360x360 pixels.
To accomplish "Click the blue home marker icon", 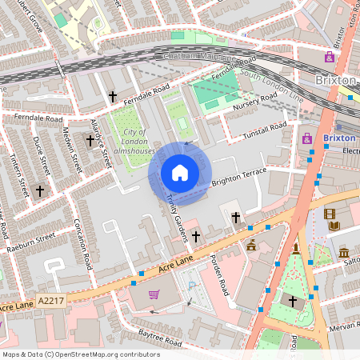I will (180, 173).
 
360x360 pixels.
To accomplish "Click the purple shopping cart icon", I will (154, 294).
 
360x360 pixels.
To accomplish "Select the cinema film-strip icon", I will (330, 214).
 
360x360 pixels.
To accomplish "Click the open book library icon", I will (334, 227).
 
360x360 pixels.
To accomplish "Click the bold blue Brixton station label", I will (339, 138).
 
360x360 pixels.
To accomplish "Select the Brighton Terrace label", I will (238, 178).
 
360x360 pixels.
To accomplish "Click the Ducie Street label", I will (41, 155).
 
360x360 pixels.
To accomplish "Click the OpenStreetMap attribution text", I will (81, 354).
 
